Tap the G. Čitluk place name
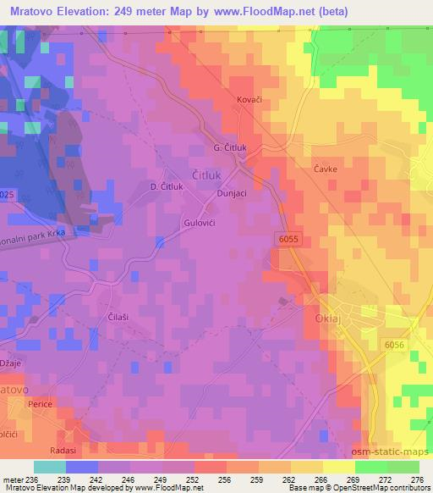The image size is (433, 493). [230, 147]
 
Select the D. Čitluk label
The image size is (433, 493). [166, 186]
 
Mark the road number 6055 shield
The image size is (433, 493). [288, 241]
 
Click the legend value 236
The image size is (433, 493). [31, 479]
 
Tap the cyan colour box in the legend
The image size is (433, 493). [49, 467]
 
